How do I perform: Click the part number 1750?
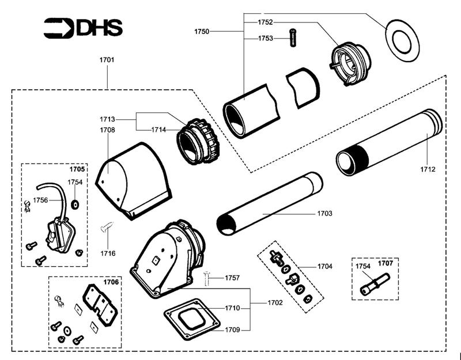tap(202, 30)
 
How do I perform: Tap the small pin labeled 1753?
tap(294, 35)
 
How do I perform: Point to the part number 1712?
tap(428, 169)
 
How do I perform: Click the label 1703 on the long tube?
tap(324, 214)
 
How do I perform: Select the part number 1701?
tap(107, 59)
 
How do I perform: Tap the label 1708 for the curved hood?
tap(107, 130)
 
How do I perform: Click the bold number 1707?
tap(386, 263)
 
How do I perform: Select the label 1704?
tap(325, 267)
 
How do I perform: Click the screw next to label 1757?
tap(208, 280)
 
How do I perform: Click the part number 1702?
tap(275, 302)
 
